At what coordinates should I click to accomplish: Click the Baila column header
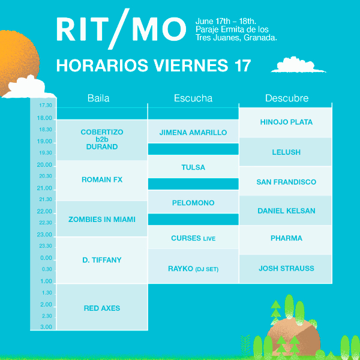(98, 98)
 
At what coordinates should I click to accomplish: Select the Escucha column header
(193, 98)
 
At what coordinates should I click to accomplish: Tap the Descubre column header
(287, 98)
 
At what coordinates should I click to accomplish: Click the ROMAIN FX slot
(102, 181)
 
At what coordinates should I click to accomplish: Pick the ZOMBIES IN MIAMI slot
(102, 218)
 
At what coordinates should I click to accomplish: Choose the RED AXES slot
(102, 307)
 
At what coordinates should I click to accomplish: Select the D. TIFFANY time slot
(102, 260)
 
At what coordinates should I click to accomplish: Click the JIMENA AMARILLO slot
(193, 131)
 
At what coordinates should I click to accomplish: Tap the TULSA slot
(193, 166)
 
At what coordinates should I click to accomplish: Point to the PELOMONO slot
(193, 202)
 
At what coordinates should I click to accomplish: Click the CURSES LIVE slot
(193, 237)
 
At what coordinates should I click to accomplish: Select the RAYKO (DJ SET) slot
(193, 266)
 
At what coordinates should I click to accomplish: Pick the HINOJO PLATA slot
(286, 122)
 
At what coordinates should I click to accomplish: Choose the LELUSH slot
(286, 152)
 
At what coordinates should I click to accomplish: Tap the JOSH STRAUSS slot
(286, 269)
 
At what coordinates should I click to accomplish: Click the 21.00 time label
(44, 188)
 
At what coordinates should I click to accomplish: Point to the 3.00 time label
(46, 327)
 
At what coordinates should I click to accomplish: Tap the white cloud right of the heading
(298, 65)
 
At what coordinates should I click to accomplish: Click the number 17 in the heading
(242, 65)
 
